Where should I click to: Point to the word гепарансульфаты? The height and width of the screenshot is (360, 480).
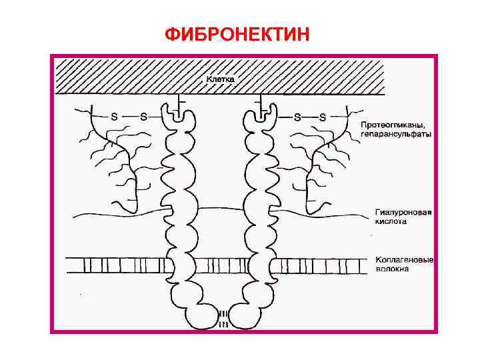point(396,134)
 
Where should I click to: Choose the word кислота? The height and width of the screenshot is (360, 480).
point(390,223)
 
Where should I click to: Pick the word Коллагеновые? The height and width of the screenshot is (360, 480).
point(404,259)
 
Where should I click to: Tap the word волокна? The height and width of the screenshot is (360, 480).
point(392,269)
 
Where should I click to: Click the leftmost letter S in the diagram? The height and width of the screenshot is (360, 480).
point(114,116)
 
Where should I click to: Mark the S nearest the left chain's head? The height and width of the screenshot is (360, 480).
point(143,116)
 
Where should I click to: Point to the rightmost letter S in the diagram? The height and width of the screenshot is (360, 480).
point(323,116)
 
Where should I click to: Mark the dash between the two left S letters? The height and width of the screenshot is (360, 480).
point(129,116)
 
